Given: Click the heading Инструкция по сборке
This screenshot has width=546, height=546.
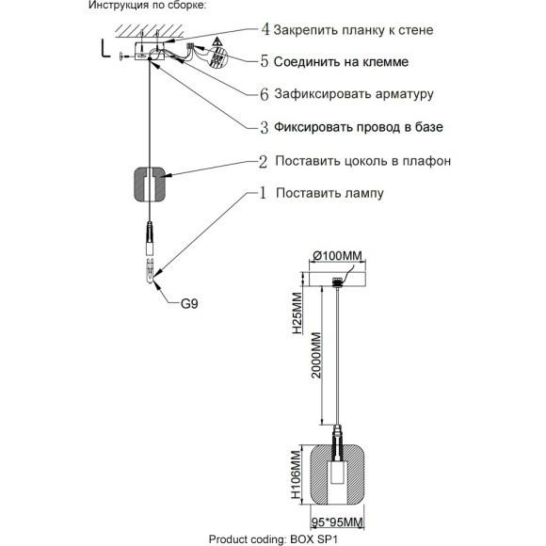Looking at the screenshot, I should [x=146, y=7].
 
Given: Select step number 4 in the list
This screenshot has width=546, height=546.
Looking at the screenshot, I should [x=265, y=30].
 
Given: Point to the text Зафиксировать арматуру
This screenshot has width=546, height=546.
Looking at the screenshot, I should [x=354, y=94].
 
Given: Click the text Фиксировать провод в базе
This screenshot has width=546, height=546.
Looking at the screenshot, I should [x=359, y=126].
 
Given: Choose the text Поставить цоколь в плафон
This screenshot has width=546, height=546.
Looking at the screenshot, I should [x=362, y=161].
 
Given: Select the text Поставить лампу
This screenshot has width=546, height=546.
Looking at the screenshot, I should [x=329, y=193].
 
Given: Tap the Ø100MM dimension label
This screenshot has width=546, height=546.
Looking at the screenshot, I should [x=337, y=256].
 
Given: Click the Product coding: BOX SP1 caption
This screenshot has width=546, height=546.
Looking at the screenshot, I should [x=272, y=538].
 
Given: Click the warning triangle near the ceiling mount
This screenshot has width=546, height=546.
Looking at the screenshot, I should [x=216, y=43].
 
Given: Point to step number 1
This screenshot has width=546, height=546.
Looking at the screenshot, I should [x=265, y=193].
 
